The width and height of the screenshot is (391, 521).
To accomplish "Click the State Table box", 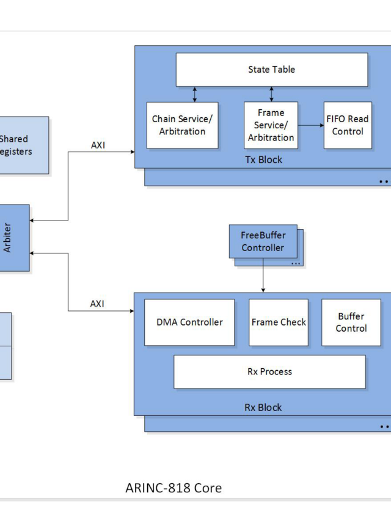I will click(272, 70).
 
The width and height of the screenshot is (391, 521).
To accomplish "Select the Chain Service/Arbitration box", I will click(183, 125).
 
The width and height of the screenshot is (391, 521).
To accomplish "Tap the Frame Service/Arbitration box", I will click(271, 125).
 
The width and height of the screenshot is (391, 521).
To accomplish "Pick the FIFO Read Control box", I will click(348, 125).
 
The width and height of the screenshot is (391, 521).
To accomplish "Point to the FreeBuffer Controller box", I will click(263, 242).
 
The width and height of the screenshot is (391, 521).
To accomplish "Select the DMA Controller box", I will click(189, 322).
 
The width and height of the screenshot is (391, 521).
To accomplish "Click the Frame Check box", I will click(279, 322).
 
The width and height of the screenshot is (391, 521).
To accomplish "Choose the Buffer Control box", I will click(351, 322).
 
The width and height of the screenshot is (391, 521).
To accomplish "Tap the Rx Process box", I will click(269, 371).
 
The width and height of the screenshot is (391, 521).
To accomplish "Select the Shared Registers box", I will click(18, 145).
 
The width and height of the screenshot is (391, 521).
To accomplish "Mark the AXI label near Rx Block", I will click(98, 304).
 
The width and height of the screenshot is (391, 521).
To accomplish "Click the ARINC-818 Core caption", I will click(174, 487).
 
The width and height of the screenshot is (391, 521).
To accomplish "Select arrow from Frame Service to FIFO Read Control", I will click(311, 125).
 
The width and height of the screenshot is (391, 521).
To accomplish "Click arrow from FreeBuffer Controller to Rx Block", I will click(263, 275).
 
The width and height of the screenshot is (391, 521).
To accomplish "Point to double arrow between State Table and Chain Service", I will click(195, 94).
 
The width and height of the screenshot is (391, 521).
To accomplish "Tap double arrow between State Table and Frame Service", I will click(271, 94).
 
